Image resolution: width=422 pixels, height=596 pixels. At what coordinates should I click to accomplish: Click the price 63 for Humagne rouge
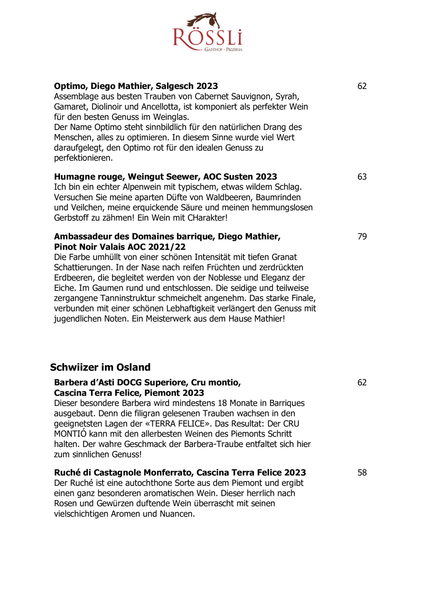[x=362, y=177]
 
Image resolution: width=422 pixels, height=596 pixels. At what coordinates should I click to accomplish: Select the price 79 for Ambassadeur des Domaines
[x=362, y=237]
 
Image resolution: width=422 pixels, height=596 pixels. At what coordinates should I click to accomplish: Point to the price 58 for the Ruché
[x=362, y=473]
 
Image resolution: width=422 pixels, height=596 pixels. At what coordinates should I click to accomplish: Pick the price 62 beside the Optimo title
[x=362, y=86]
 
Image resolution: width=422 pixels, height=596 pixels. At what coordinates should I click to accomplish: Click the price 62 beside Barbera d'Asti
[x=362, y=383]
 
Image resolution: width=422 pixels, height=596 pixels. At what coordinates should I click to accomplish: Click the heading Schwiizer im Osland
[x=100, y=367]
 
